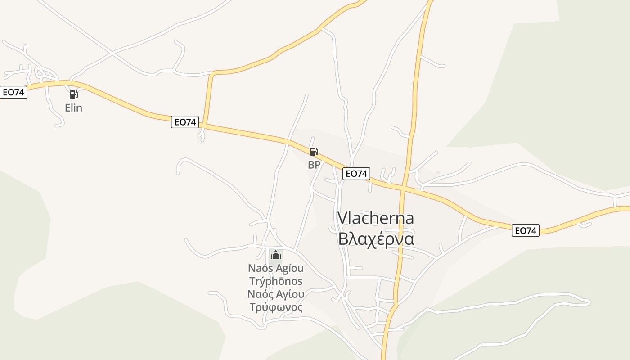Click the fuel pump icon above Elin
73,94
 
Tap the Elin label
73,108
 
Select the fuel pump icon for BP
314,152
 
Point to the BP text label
314,165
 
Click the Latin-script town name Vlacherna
375,218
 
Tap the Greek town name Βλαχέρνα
376,239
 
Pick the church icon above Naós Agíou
275,256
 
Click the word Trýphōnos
275,282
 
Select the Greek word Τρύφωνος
275,308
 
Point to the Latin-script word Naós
260,269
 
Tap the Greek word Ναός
260,295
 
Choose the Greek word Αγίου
288,295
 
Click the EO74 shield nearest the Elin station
13,92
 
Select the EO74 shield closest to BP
356,174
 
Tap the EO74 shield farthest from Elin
525,231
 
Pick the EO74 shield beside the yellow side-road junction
184,122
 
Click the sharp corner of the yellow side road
211,74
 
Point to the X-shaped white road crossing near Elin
112,54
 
